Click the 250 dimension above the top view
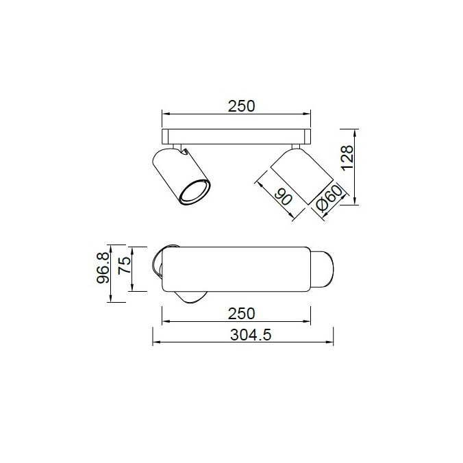click(240, 106)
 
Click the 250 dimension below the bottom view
click(240, 314)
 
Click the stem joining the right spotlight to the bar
click(296, 146)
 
